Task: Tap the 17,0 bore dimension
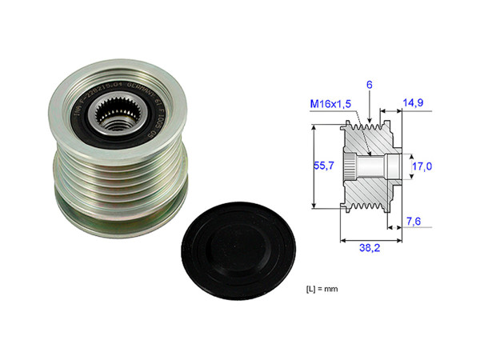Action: click(x=423, y=167)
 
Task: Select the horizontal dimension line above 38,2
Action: click(x=369, y=238)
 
